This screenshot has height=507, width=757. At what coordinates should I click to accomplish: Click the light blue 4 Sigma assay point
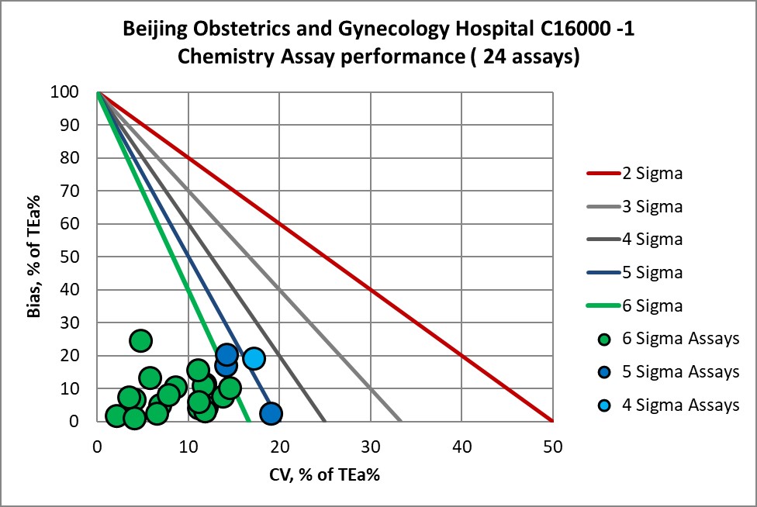pos(254,358)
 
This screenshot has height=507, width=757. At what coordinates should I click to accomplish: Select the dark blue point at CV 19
pos(270,413)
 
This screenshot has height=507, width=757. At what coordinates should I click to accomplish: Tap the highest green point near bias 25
pos(140,340)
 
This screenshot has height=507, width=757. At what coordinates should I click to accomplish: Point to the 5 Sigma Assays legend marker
pos(605,372)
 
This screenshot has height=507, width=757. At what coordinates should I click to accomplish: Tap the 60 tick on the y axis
pos(78,224)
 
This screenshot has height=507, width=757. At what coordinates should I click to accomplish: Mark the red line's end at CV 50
pos(552,421)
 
